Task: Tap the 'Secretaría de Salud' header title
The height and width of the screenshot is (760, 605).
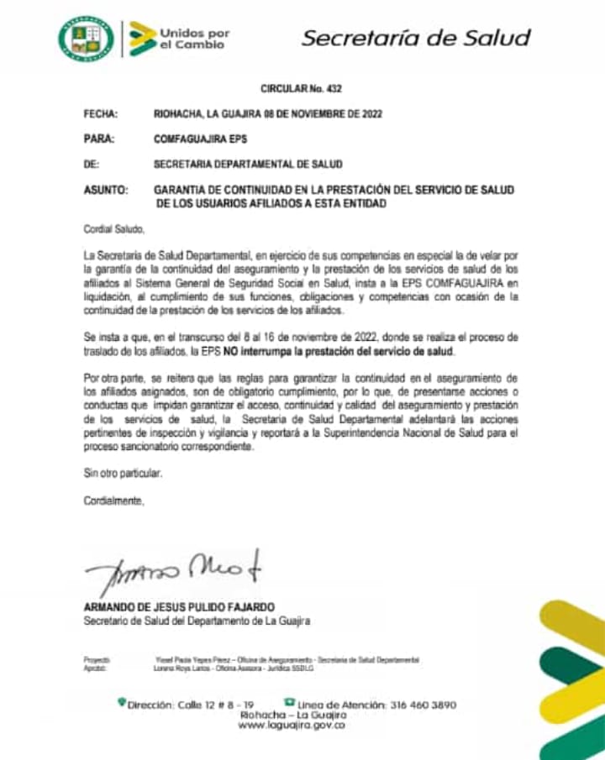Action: [416, 38]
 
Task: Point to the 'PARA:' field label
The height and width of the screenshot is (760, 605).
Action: [99, 139]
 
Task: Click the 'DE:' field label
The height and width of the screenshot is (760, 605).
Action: [92, 165]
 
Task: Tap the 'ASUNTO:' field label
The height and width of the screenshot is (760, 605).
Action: [106, 191]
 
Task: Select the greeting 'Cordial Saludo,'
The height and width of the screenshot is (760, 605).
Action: [113, 228]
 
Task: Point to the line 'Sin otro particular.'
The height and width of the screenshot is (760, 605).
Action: [122, 474]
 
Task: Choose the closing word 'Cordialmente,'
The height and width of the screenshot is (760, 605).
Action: [113, 501]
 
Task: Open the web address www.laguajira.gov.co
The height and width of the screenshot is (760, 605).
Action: [292, 725]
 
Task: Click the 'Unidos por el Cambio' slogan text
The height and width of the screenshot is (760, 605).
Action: [193, 39]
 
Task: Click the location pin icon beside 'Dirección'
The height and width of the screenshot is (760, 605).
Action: [121, 703]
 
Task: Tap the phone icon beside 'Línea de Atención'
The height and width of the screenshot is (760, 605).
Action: [288, 702]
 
